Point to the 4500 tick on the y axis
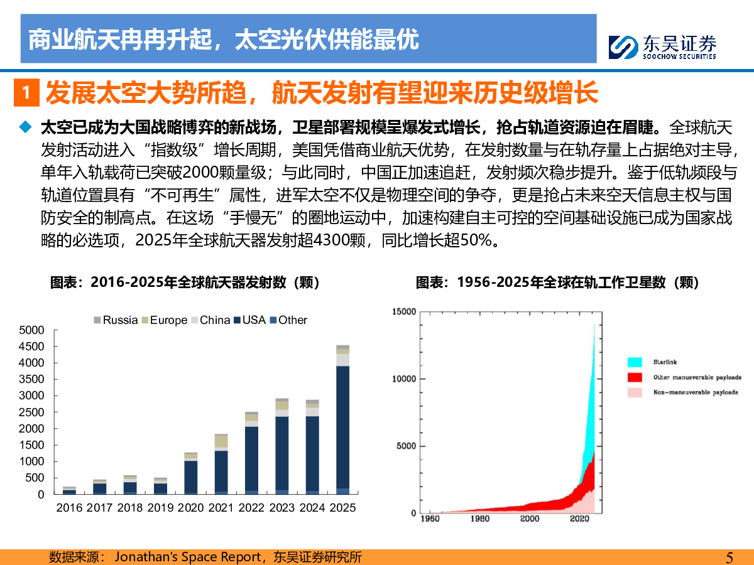[32, 347]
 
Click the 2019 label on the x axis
[160, 508]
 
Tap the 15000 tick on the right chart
[404, 311]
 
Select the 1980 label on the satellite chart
[479, 519]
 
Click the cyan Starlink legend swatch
[634, 362]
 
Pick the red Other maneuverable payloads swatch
[634, 377]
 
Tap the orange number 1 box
[26, 93]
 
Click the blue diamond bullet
[25, 127]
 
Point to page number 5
[729, 557]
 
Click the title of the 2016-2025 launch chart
[185, 283]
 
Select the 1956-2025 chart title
[558, 283]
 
